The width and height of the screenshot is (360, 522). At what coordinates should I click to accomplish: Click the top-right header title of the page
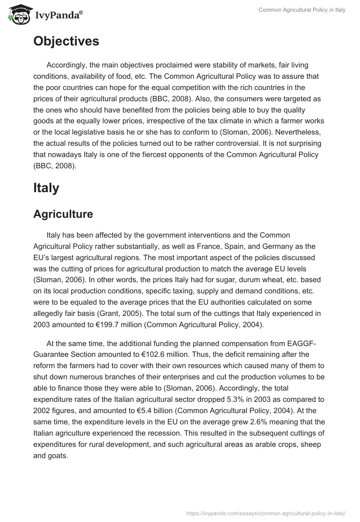click(x=302, y=10)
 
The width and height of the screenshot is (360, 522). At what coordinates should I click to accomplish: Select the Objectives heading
click(x=66, y=41)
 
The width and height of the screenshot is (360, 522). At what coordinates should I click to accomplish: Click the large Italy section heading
click(x=46, y=188)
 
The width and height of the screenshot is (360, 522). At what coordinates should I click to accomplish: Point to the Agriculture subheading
click(x=63, y=214)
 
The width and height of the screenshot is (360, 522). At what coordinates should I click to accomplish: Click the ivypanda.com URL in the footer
click(x=266, y=513)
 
